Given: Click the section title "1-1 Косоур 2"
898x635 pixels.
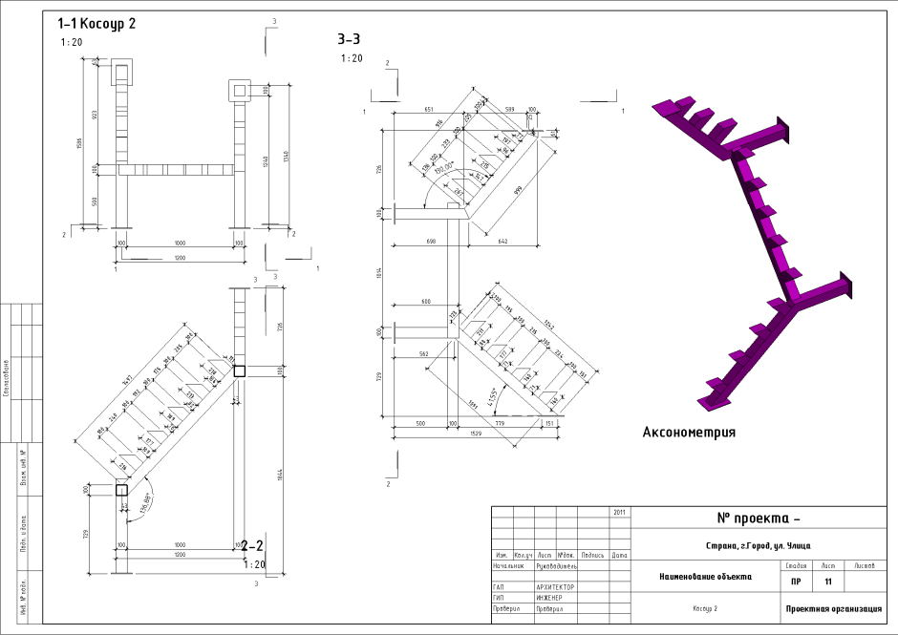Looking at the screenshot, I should [x=96, y=23].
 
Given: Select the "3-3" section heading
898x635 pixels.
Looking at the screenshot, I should [x=348, y=40].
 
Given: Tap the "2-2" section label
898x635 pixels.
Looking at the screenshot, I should [x=253, y=546].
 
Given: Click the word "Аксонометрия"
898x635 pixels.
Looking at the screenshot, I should [x=689, y=432].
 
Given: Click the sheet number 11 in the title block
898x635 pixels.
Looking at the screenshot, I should [x=828, y=582].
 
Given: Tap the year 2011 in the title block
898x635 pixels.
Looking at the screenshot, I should [x=619, y=512].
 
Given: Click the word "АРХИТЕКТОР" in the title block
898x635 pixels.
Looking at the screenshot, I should [x=556, y=588].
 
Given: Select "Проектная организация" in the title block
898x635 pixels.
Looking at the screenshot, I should [x=827, y=608].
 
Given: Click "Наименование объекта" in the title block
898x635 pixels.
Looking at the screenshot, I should [x=705, y=577].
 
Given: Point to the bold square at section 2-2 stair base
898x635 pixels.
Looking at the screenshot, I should [x=121, y=490].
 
